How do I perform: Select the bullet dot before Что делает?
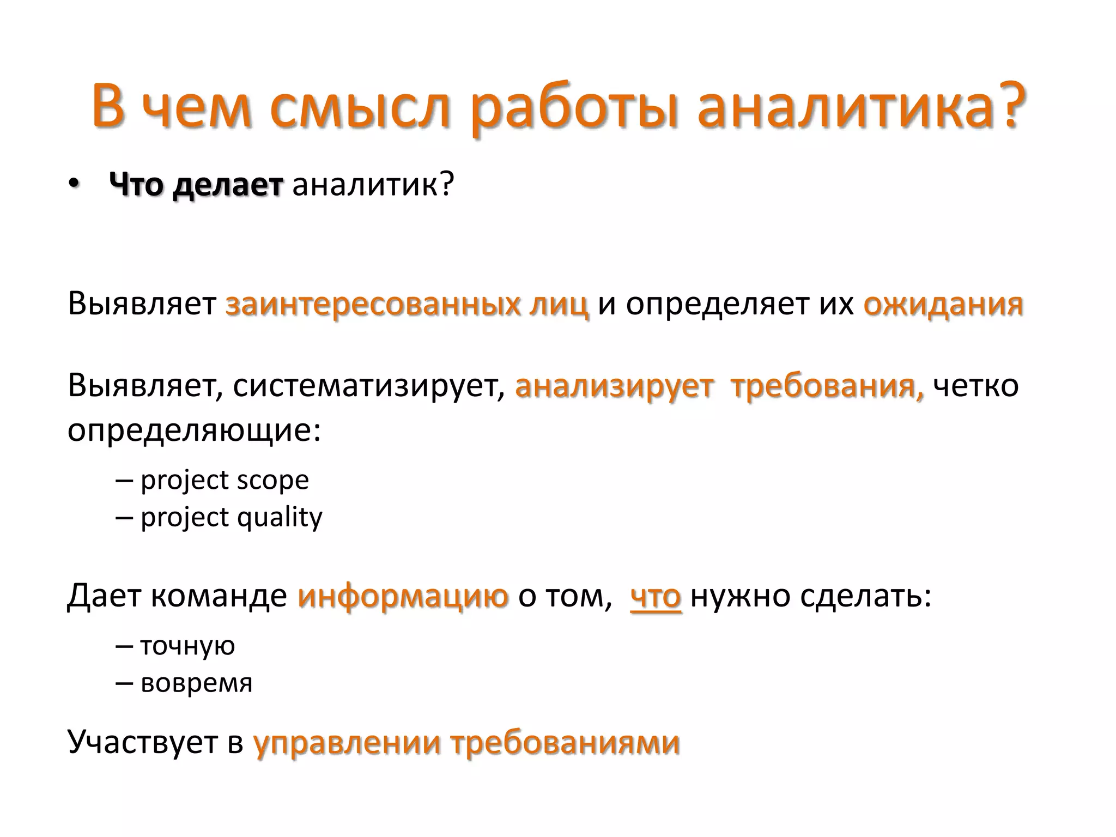click(74, 184)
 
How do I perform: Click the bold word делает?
click(228, 185)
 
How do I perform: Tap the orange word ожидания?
click(943, 304)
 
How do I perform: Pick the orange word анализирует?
click(614, 386)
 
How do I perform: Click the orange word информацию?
click(403, 596)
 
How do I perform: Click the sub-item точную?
click(187, 646)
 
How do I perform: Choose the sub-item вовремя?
click(197, 683)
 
